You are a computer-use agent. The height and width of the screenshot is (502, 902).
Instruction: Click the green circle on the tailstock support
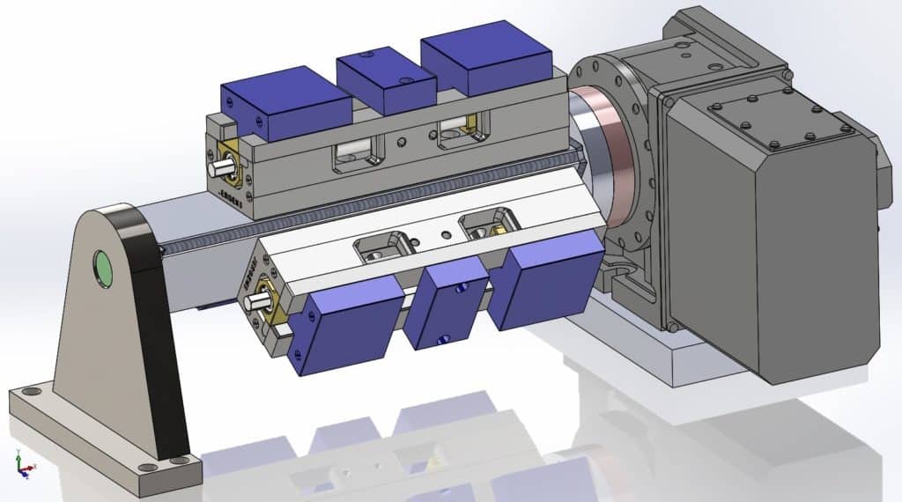point(105,269)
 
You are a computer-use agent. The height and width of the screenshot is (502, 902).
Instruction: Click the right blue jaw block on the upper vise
point(486,66)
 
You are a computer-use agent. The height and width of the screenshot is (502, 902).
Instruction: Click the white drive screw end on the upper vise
point(216,166)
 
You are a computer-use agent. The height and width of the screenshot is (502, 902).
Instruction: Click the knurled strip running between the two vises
point(370,207)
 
